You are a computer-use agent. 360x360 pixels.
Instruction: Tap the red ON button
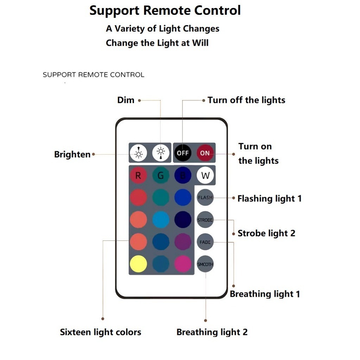click(x=205, y=153)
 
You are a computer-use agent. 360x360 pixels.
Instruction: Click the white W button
click(x=205, y=175)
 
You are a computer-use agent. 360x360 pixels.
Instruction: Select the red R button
click(x=138, y=175)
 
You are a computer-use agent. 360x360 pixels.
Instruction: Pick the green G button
click(x=161, y=175)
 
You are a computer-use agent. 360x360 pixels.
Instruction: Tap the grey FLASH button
click(x=205, y=198)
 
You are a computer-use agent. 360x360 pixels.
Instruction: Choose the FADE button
click(x=205, y=242)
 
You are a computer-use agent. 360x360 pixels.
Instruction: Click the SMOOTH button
click(x=205, y=264)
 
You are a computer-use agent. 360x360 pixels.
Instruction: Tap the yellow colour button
click(x=138, y=264)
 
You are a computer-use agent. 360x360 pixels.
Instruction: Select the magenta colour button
click(x=183, y=264)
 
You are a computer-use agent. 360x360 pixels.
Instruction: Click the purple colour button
click(x=183, y=242)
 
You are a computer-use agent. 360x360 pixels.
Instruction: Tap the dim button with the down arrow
click(x=161, y=153)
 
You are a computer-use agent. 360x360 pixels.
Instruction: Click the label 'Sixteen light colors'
click(x=101, y=332)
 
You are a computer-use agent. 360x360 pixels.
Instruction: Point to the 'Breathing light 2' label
click(x=212, y=332)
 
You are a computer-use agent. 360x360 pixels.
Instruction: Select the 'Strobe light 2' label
click(x=266, y=233)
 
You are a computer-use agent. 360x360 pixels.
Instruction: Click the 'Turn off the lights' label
click(x=246, y=100)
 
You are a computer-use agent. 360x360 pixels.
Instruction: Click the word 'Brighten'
click(x=72, y=154)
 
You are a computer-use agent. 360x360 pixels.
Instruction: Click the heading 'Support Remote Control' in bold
click(x=165, y=10)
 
